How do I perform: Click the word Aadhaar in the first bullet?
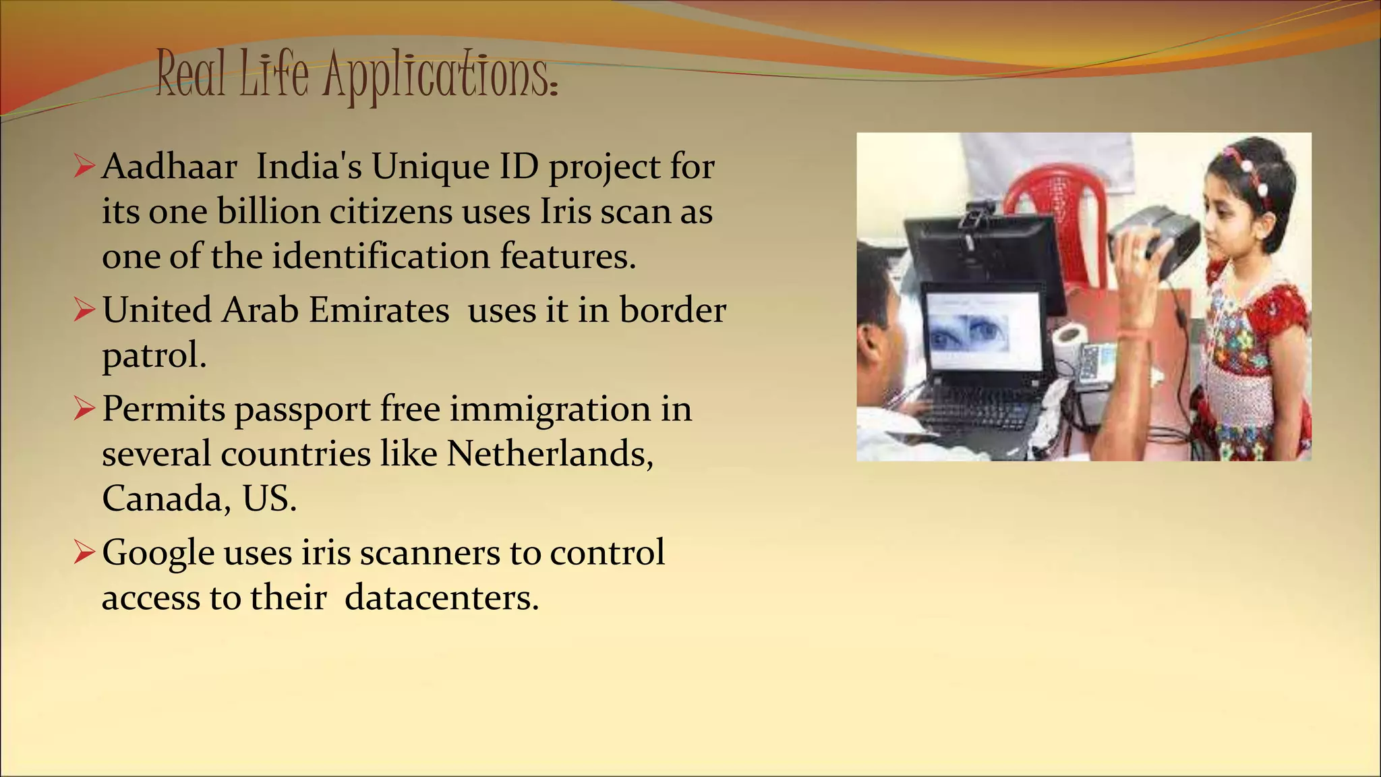pos(169,167)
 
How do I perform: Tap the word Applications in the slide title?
pos(440,76)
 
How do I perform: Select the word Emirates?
pos(378,311)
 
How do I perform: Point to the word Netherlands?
pos(550,454)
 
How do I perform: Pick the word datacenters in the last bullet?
pos(441,598)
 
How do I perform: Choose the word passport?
pos(303,410)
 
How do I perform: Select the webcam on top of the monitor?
pos(975,214)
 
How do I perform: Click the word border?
pos(672,311)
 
